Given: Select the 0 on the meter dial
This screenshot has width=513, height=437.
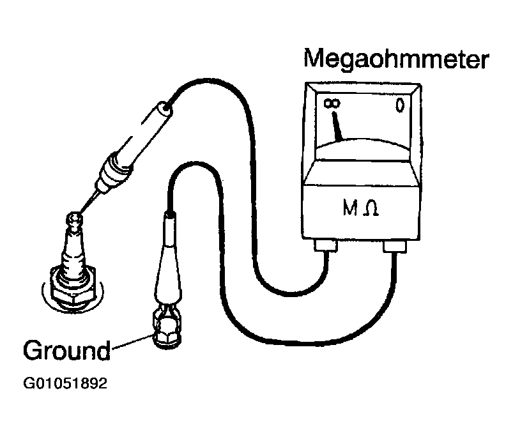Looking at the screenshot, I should tap(399, 106).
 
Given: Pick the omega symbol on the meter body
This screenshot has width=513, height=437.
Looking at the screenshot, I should tap(370, 209).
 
